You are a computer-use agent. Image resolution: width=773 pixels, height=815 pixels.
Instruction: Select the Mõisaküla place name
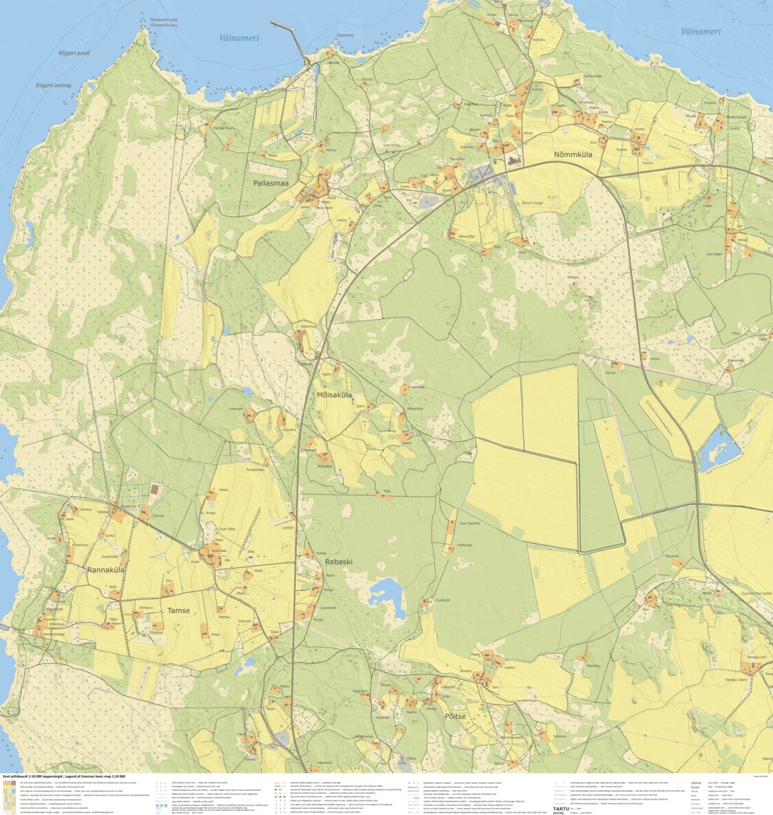pyautogui.click(x=335, y=395)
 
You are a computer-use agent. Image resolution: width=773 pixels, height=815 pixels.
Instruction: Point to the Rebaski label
pyautogui.click(x=338, y=561)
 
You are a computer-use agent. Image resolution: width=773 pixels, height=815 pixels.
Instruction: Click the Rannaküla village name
pyautogui.click(x=105, y=569)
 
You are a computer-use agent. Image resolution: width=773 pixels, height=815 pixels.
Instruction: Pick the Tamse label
pyautogui.click(x=178, y=610)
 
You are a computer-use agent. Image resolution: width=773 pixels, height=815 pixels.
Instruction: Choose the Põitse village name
pyautogui.click(x=451, y=716)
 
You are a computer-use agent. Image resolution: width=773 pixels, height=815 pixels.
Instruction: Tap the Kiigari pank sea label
pyautogui.click(x=74, y=52)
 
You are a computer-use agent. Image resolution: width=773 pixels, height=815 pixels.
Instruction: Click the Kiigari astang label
pyautogui.click(x=54, y=85)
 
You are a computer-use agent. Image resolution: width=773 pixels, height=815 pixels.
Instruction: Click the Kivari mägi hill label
pyautogui.click(x=532, y=202)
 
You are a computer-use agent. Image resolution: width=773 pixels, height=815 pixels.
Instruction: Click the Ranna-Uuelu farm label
pyautogui.click(x=224, y=128)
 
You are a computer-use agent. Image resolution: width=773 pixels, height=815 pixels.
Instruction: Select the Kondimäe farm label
pyautogui.click(x=110, y=556)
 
